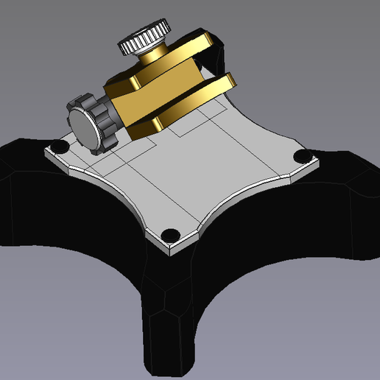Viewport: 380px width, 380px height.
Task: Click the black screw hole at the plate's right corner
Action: click(300, 156)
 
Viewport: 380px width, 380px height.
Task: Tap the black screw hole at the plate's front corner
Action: click(170, 234)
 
